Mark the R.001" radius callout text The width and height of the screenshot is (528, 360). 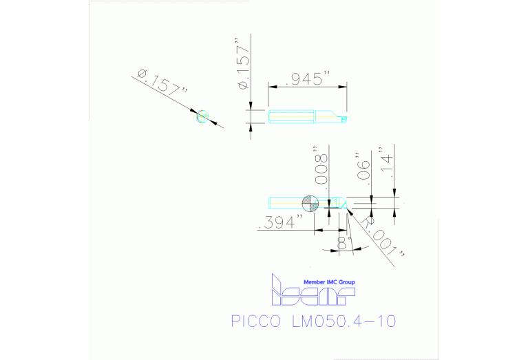tap(383, 242)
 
